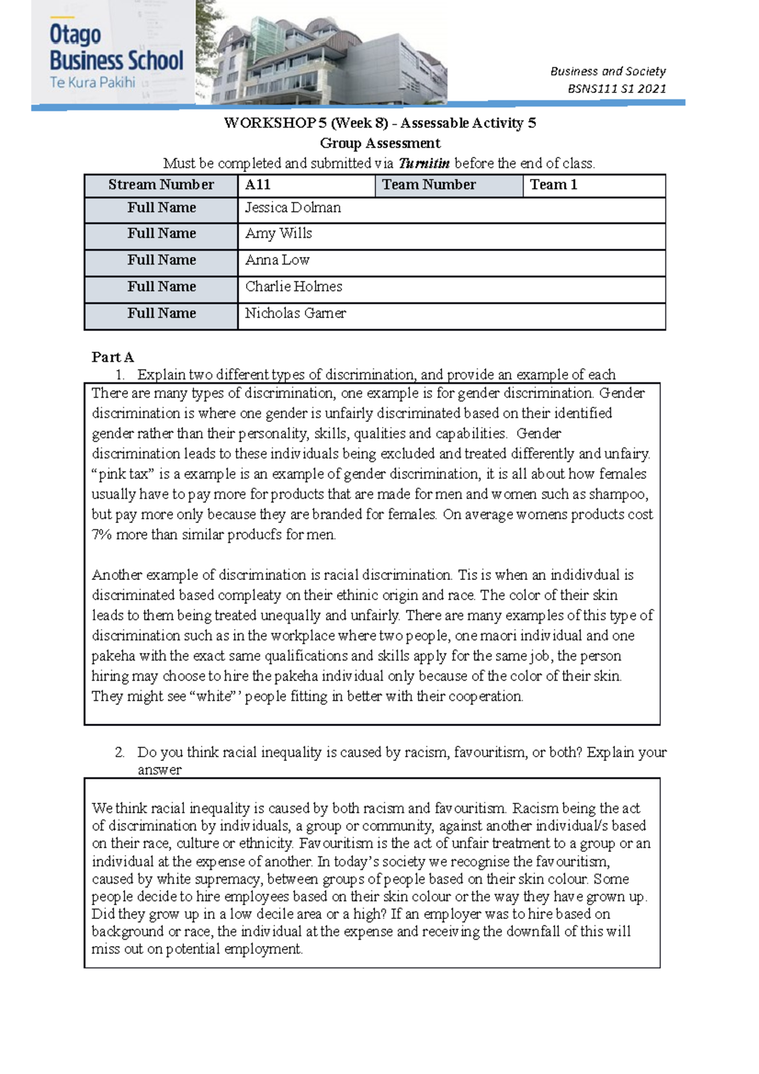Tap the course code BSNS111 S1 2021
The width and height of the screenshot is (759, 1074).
pyautogui.click(x=617, y=89)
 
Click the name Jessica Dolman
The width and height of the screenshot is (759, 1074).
pyautogui.click(x=293, y=207)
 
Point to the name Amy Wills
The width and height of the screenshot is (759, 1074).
pyautogui.click(x=278, y=233)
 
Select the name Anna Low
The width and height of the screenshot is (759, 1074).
pyautogui.click(x=277, y=260)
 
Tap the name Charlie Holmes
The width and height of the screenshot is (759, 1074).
pyautogui.click(x=293, y=287)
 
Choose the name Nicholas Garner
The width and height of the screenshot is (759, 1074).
pyautogui.click(x=295, y=313)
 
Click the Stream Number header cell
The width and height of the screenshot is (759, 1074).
pyautogui.click(x=161, y=185)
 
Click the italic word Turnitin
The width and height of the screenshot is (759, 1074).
pyautogui.click(x=424, y=163)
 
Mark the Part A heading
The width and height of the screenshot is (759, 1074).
pyautogui.click(x=113, y=357)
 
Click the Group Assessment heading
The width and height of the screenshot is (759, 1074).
pyautogui.click(x=380, y=143)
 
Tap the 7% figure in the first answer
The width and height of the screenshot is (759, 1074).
pyautogui.click(x=101, y=535)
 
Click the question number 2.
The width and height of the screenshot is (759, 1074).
pyautogui.click(x=120, y=752)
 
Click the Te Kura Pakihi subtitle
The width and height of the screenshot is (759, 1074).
pyautogui.click(x=92, y=82)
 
